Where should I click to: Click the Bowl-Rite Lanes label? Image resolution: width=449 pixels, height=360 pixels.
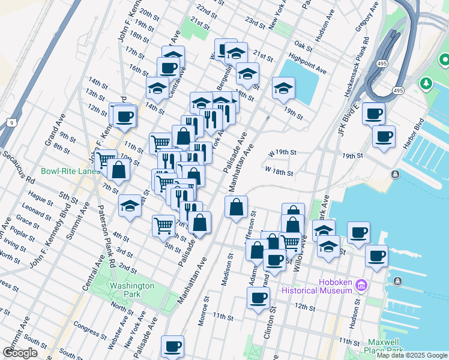pos(71,171)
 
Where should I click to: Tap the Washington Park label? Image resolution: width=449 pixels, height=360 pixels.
pos(131,290)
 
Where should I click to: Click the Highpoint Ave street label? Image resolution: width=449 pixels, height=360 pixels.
pos(307,64)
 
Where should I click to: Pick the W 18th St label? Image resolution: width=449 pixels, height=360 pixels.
pos(279,172)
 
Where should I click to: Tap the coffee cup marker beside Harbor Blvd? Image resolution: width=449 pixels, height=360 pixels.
pos(384,135)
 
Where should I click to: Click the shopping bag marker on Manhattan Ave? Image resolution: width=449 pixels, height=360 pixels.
pos(237,207)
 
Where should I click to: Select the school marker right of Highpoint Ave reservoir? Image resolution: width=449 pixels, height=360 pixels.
pos(283,88)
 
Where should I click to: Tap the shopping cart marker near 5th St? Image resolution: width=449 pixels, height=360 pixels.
pos(163,226)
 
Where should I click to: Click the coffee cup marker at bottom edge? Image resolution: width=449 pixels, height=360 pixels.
pos(173,346)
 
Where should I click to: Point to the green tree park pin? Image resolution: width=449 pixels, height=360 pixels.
pos(426,82)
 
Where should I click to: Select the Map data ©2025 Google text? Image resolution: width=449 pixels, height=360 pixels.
pos(412,355)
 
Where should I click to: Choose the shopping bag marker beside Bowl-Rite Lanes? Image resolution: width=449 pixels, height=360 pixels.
pos(119,170)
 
